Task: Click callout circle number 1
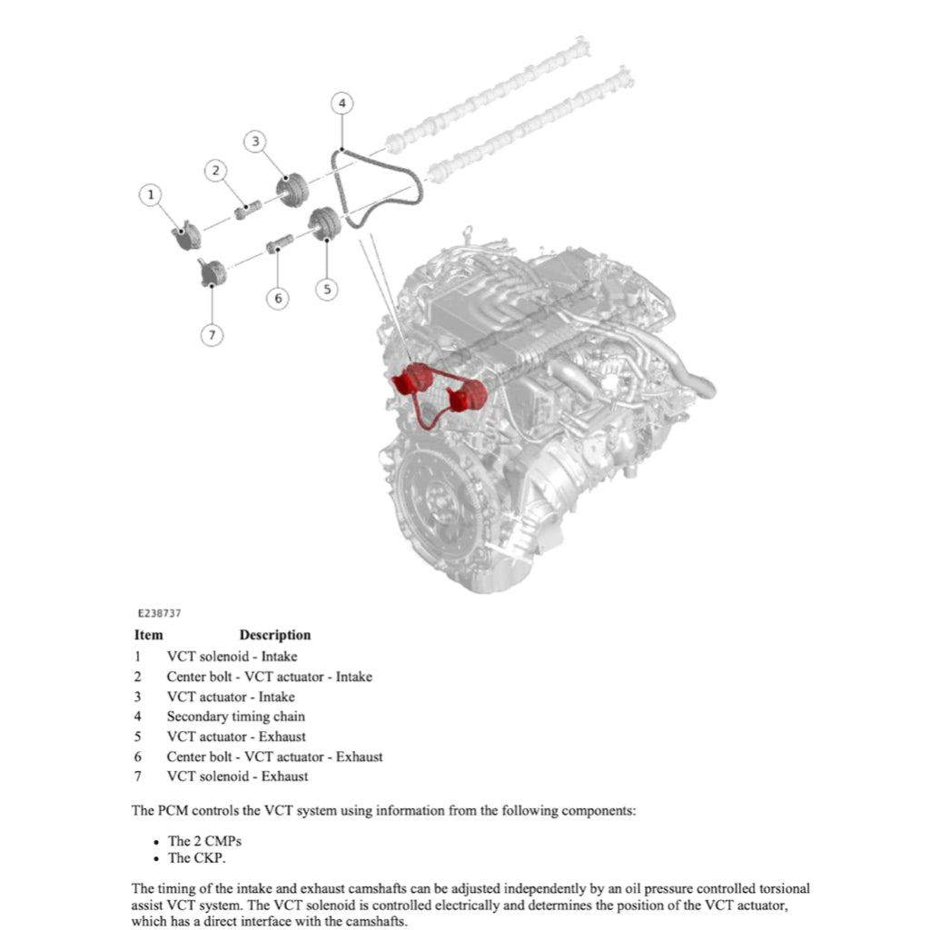(x=152, y=193)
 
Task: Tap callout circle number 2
(x=215, y=170)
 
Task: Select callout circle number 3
(x=256, y=141)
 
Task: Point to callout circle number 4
(x=341, y=104)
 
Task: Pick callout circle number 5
(x=327, y=289)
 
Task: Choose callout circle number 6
(x=278, y=298)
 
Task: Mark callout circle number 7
(x=211, y=335)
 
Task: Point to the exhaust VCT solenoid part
(x=212, y=271)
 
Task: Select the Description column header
(x=274, y=635)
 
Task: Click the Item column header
(x=149, y=635)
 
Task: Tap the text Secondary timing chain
(x=235, y=717)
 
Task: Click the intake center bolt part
(x=246, y=212)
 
